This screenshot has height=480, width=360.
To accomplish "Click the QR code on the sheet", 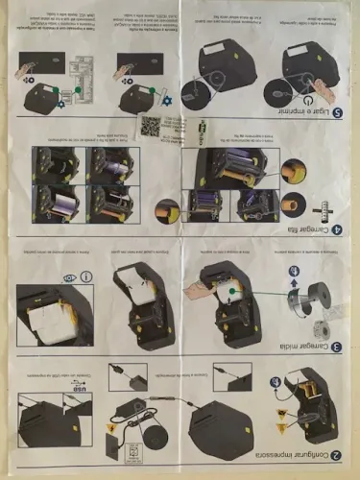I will (x=152, y=126).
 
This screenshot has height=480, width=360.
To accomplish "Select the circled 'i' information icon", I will (x=87, y=278).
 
